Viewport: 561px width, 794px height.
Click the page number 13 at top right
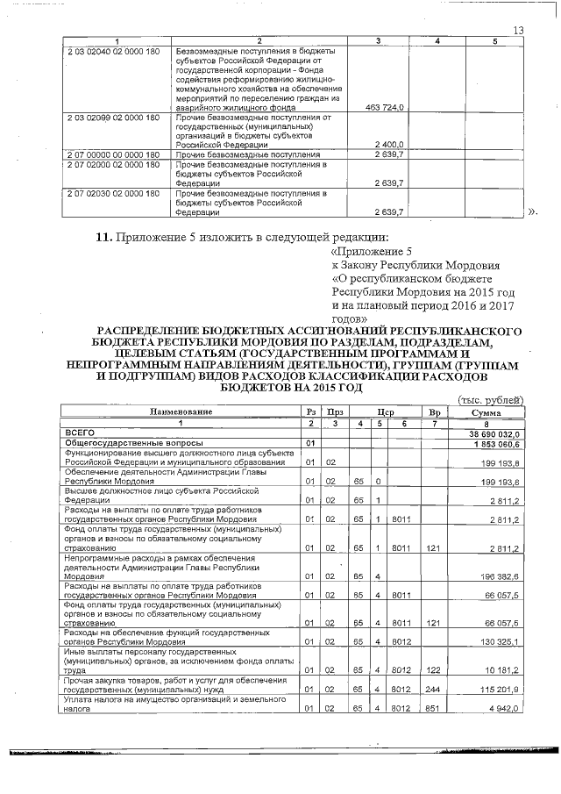click(x=517, y=32)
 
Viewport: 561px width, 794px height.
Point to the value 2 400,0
click(x=387, y=144)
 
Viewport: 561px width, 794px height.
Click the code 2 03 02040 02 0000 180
click(x=113, y=52)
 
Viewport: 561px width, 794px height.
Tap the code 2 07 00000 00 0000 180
click(x=113, y=154)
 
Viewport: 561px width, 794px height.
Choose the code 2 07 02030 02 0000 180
click(x=113, y=193)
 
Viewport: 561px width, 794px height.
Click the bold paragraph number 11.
click(x=104, y=237)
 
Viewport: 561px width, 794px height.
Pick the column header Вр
click(x=433, y=411)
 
